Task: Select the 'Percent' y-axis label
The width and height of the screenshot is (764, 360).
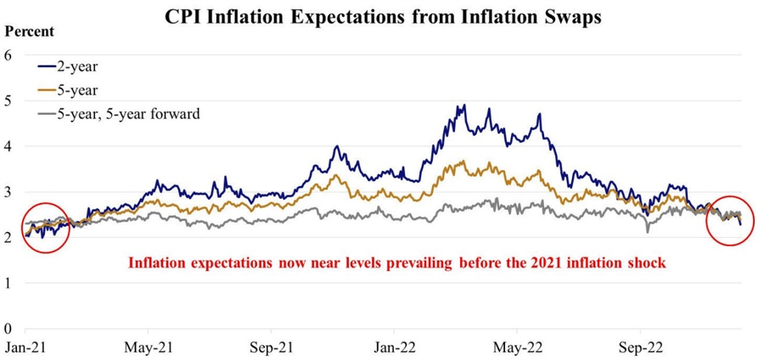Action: (x=30, y=31)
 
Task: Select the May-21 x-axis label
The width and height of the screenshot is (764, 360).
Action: (x=149, y=347)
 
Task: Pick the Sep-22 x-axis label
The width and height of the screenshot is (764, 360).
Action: (x=638, y=347)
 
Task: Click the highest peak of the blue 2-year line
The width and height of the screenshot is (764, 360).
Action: (x=464, y=106)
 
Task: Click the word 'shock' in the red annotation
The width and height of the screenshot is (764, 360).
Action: (x=647, y=263)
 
